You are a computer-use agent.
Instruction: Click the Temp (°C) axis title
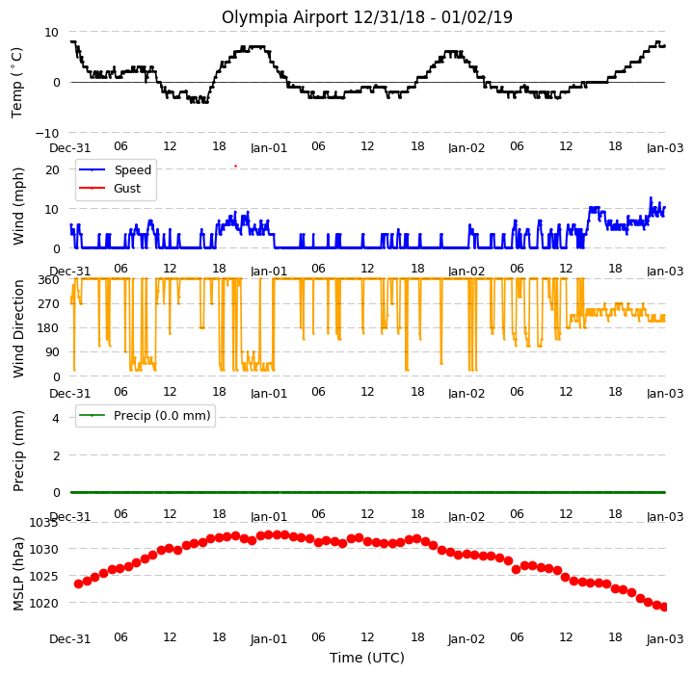[x=16, y=83]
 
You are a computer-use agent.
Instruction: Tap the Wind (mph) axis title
[x=18, y=207]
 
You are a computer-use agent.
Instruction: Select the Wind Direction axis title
[x=18, y=328]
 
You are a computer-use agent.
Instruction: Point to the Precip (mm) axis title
[x=18, y=452]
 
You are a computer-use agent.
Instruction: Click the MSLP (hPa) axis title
[x=18, y=574]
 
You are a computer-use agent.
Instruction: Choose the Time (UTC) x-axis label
[x=367, y=658]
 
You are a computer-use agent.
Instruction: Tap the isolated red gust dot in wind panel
[x=235, y=166]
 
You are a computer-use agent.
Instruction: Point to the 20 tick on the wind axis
[x=52, y=169]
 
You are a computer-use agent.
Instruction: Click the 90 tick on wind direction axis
[x=52, y=352]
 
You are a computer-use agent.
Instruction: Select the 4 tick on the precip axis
[x=56, y=418]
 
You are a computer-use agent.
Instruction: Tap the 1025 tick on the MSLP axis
[x=43, y=576]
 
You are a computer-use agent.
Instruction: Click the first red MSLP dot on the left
[x=79, y=583]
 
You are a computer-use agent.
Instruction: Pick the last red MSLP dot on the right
[x=664, y=607]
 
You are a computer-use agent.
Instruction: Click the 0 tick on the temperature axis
[x=56, y=83]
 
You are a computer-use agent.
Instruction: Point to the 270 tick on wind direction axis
[x=49, y=303]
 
